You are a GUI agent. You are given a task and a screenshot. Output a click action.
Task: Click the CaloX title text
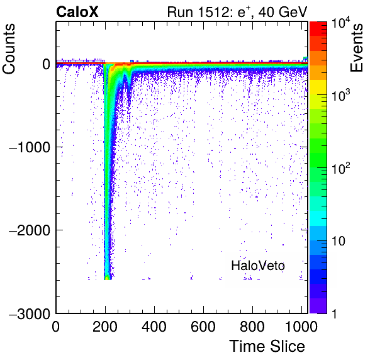pyautogui.click(x=77, y=12)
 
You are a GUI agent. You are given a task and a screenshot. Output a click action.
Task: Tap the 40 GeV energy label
pyautogui.click(x=283, y=12)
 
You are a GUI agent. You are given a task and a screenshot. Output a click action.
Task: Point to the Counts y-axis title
pyautogui.click(x=9, y=49)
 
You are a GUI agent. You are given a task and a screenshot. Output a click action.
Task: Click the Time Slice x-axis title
pyautogui.click(x=267, y=346)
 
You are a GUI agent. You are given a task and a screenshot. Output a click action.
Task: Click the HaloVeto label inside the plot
pyautogui.click(x=258, y=266)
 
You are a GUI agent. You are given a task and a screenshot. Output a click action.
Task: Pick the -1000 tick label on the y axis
pyautogui.click(x=30, y=147)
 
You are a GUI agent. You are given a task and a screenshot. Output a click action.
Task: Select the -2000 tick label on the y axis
pyautogui.click(x=30, y=230)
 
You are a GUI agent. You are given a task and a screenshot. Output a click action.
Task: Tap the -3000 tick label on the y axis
pyautogui.click(x=30, y=313)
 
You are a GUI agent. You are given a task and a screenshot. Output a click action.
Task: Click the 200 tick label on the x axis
pyautogui.click(x=105, y=327)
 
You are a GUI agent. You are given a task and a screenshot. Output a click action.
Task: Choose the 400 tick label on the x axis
pyautogui.click(x=154, y=327)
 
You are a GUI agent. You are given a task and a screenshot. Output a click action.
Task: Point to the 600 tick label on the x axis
pyautogui.click(x=203, y=327)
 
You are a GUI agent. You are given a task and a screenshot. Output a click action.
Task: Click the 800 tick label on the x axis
pyautogui.click(x=252, y=327)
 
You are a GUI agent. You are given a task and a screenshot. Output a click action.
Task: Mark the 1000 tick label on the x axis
pyautogui.click(x=301, y=327)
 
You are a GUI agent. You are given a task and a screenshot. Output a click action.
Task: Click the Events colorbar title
pyautogui.click(x=357, y=48)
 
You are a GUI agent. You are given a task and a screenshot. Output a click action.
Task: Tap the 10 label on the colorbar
pyautogui.click(x=339, y=241)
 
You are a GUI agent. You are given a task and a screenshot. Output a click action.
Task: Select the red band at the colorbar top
pyautogui.click(x=318, y=29)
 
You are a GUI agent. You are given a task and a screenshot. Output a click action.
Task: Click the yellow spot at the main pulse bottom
pyautogui.click(x=107, y=278)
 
